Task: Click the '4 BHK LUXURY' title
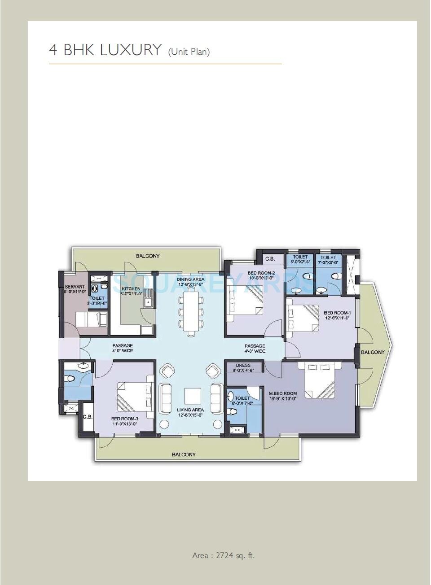click(105, 50)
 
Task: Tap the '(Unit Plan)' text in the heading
click(189, 52)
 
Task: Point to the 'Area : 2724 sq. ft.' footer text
click(223, 555)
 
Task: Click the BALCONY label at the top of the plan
click(148, 256)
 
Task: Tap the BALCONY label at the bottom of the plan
click(184, 454)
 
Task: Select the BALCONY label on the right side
click(373, 352)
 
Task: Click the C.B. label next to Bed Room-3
click(88, 417)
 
